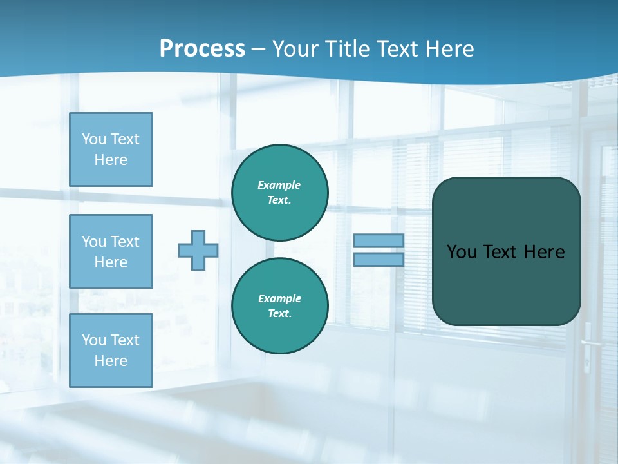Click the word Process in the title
tap(202, 49)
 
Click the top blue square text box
tap(111, 150)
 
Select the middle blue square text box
tap(111, 251)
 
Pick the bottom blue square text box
tap(111, 351)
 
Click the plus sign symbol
tap(198, 250)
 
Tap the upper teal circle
tap(280, 193)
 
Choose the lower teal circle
tap(280, 306)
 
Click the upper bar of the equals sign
tap(379, 240)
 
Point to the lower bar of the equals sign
tap(379, 259)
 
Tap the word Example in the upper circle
tap(279, 186)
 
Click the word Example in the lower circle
tap(279, 299)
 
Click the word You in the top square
tap(94, 139)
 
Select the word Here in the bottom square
tap(111, 361)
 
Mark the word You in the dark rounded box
tap(462, 252)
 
